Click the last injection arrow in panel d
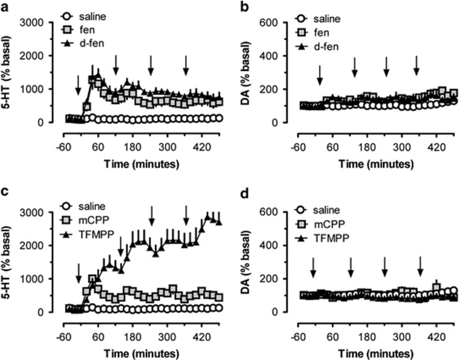pos(420,266)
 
